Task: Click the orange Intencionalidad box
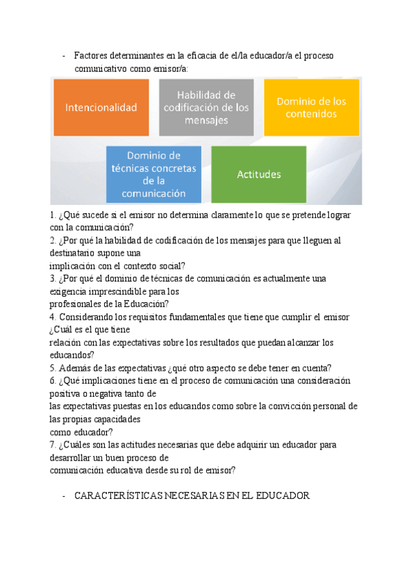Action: tap(101, 108)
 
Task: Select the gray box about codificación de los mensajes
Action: tap(206, 108)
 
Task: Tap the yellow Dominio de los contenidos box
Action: tap(311, 108)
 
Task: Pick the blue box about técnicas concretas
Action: tap(153, 174)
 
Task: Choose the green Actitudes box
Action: tap(258, 174)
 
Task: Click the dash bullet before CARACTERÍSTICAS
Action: tap(63, 495)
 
